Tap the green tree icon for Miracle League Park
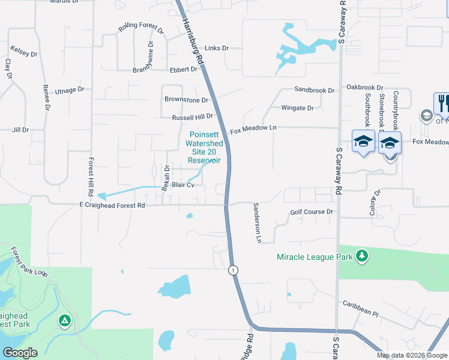(x=361, y=256)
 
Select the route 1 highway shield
(x=233, y=271)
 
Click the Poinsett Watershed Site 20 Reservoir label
(x=204, y=148)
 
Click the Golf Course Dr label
(x=312, y=212)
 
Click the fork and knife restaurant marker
(x=441, y=103)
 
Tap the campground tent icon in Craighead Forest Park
(x=64, y=321)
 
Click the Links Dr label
(x=217, y=48)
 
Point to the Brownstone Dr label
(x=186, y=100)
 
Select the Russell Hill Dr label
(x=193, y=117)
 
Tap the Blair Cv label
(x=183, y=185)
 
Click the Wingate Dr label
(x=298, y=108)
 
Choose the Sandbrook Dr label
(x=315, y=91)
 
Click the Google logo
(x=20, y=353)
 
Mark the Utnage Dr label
(x=70, y=91)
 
